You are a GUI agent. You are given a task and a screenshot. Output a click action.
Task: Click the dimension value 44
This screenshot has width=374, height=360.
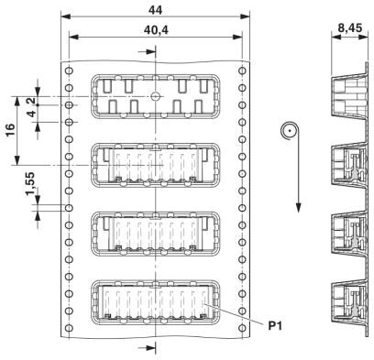point(155,10)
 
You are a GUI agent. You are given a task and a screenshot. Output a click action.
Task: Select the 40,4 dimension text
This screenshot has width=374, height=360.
point(156,30)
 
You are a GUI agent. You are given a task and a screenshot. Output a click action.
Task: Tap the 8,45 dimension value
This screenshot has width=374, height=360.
point(350,28)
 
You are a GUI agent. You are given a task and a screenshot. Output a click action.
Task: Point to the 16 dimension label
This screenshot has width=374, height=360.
point(10,131)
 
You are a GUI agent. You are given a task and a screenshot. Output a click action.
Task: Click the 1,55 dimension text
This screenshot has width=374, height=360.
point(30,184)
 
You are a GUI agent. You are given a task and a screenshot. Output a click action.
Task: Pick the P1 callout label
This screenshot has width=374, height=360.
point(275,326)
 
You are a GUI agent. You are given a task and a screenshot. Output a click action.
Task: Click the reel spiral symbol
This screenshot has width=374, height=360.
point(288,132)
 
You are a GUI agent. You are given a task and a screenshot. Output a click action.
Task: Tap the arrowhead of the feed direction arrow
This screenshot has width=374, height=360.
point(298,208)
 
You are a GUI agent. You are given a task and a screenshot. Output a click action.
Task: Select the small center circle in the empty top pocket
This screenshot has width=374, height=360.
point(156,97)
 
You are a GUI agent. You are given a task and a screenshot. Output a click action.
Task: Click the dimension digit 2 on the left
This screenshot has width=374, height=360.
point(32,100)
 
